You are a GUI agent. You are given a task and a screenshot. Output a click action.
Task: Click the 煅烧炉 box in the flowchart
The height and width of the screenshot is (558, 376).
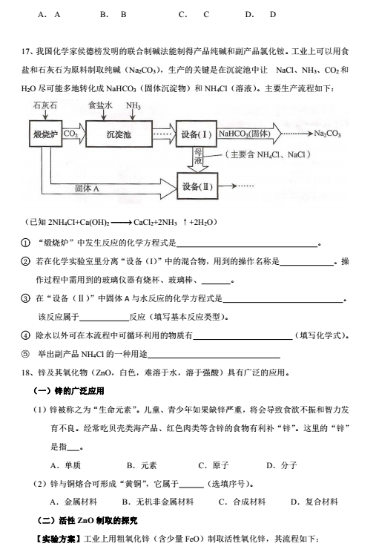point(45,134)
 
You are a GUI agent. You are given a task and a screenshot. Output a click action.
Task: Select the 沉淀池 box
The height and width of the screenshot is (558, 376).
point(119,134)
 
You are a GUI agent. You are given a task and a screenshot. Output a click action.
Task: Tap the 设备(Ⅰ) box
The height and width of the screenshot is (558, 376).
point(197,134)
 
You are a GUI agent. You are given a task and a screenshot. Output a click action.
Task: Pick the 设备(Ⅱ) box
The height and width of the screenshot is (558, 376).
point(197,186)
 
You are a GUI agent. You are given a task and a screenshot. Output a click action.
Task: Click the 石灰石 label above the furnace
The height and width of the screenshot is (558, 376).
point(45,105)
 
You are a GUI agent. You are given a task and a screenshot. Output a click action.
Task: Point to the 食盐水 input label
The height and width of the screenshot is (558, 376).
point(100,105)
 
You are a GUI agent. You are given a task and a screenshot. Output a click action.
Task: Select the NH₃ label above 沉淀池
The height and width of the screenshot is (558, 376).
point(133,105)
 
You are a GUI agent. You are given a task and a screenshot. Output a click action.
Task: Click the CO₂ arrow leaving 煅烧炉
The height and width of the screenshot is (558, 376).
point(74,134)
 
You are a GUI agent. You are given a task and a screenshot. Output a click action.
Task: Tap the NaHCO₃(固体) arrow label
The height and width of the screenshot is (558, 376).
point(245,134)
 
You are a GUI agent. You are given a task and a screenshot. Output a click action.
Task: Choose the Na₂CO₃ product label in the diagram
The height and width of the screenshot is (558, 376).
point(327,134)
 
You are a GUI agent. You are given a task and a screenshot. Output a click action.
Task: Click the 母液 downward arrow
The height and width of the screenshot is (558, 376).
point(197,160)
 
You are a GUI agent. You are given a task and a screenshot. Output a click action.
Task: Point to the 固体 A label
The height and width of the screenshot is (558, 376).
point(88,188)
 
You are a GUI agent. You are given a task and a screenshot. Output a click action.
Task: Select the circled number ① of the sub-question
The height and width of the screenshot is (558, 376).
point(25,243)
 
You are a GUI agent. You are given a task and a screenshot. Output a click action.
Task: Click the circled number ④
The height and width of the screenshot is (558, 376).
point(25,335)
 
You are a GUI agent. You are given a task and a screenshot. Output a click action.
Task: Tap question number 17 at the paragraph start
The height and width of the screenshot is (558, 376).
point(26,52)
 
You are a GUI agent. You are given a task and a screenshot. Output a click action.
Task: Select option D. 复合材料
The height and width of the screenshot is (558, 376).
point(314,502)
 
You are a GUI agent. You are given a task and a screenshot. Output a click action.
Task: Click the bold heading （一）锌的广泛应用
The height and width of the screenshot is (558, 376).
point(69,391)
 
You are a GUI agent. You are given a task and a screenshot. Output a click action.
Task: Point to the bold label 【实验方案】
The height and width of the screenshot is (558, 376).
point(58,539)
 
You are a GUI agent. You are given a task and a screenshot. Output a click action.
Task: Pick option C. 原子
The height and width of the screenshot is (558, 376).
point(214,465)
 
